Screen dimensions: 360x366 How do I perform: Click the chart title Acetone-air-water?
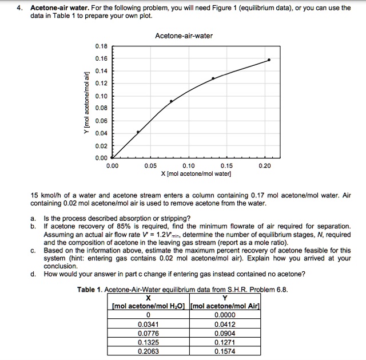tap(184, 36)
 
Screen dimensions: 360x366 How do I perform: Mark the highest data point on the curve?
tap(269, 60)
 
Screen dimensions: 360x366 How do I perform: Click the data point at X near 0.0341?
tap(138, 132)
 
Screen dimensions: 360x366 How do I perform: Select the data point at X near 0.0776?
tap(171, 101)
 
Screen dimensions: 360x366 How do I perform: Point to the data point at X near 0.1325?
tap(213, 78)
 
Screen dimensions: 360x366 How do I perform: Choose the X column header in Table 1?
tap(149, 297)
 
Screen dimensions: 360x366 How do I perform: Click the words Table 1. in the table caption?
tap(91, 289)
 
